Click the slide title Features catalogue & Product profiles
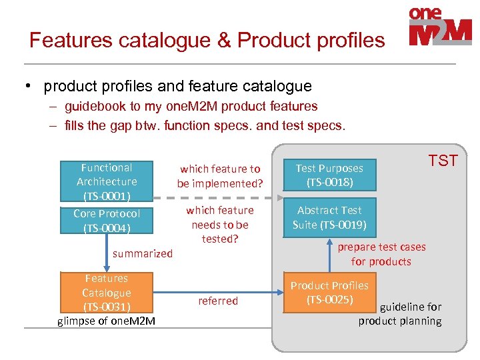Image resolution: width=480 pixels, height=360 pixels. tap(207, 40)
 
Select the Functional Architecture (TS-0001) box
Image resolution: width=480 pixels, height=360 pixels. tap(107, 181)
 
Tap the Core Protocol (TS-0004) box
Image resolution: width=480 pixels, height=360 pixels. tap(107, 221)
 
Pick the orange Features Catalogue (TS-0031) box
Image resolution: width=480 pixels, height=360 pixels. tap(107, 292)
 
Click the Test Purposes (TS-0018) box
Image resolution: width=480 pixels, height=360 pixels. tap(329, 175)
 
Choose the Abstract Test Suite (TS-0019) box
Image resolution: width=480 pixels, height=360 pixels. tap(329, 217)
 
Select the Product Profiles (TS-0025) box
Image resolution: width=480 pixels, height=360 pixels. tap(329, 292)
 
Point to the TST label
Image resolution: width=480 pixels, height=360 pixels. tap(443, 160)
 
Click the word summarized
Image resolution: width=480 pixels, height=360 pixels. tap(143, 253)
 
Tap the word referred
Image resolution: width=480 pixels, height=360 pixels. tap(218, 301)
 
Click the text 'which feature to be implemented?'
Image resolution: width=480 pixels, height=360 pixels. tap(220, 176)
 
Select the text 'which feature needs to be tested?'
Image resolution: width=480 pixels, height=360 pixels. tap(220, 224)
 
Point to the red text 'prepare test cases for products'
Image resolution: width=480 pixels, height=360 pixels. tap(381, 254)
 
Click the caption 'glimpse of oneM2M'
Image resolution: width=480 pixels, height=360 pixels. tap(107, 321)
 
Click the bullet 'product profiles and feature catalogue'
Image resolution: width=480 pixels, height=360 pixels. tap(177, 86)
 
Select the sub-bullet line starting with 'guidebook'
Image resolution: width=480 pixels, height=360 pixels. tap(191, 106)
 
